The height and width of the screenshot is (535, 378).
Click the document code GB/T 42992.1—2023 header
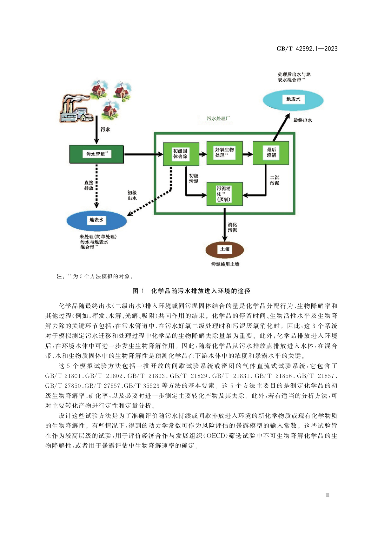pyautogui.click(x=307, y=49)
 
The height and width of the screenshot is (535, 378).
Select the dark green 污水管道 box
pyautogui.click(x=96, y=154)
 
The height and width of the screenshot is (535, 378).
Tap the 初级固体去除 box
pyautogui.click(x=181, y=154)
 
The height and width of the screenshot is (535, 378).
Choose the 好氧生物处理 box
pyautogui.click(x=224, y=153)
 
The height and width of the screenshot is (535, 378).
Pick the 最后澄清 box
pyautogui.click(x=271, y=153)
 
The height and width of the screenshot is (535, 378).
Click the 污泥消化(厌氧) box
pyautogui.click(x=224, y=194)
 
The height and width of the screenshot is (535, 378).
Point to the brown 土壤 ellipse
pyautogui.click(x=225, y=249)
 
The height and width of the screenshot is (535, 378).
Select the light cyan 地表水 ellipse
pyautogui.click(x=293, y=100)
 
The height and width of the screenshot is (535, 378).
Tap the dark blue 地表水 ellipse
pyautogui.click(x=96, y=220)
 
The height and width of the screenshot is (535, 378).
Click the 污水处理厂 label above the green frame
pyautogui.click(x=218, y=118)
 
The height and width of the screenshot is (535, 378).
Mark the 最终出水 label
pyautogui.click(x=302, y=120)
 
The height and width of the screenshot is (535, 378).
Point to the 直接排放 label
pyautogui.click(x=89, y=185)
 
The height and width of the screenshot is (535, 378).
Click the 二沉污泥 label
pyautogui.click(x=275, y=180)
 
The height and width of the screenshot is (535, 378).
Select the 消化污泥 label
pyautogui.click(x=232, y=227)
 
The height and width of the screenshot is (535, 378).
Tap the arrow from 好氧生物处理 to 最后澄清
pyautogui.click(x=248, y=154)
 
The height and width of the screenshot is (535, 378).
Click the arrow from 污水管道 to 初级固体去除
pyautogui.click(x=143, y=154)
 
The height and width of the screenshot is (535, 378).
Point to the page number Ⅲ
pyautogui.click(x=328, y=495)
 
